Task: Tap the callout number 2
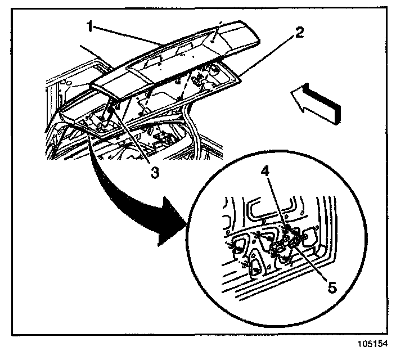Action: click(300, 32)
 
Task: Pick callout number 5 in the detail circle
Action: click(332, 287)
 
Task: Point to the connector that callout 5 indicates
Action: click(290, 242)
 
